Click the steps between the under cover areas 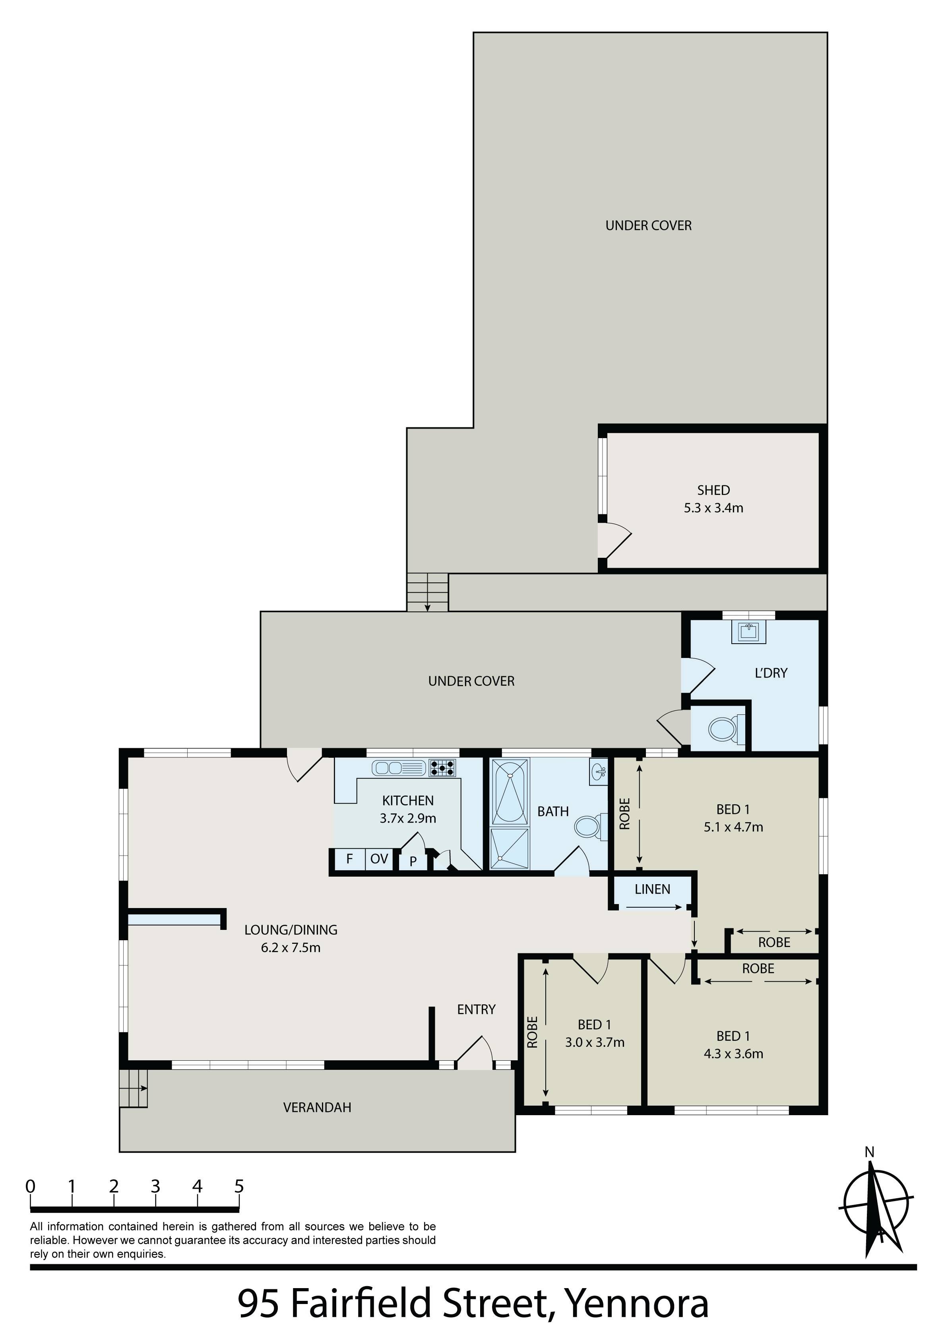point(428,592)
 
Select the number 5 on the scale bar point(238,1186)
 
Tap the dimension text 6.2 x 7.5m point(291,948)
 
